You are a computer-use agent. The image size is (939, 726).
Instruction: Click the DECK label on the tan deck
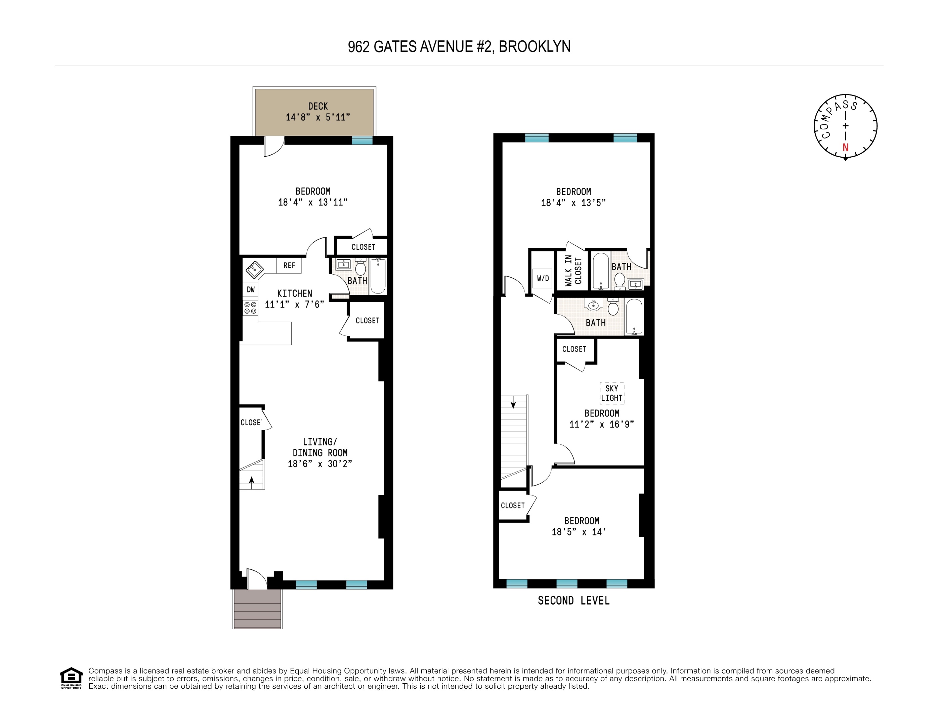(318, 106)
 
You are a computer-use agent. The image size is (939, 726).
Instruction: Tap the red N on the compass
(845, 148)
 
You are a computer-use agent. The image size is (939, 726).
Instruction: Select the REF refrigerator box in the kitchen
(289, 266)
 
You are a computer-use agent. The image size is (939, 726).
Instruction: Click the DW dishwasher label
(251, 290)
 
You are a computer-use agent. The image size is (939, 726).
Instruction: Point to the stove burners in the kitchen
(250, 308)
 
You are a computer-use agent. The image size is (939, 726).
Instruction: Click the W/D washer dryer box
(543, 279)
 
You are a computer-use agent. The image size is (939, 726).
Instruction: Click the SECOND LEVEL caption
(573, 600)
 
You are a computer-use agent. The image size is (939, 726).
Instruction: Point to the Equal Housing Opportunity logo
(71, 678)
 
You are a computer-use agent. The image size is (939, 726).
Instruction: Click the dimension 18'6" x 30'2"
(320, 463)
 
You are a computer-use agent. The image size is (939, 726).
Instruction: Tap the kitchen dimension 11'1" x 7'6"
(295, 305)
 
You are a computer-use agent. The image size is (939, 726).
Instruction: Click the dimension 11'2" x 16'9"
(601, 425)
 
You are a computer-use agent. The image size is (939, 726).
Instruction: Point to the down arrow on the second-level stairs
(513, 404)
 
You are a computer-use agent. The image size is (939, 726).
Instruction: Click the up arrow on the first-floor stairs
(252, 480)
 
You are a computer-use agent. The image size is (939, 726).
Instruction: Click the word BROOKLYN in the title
(535, 46)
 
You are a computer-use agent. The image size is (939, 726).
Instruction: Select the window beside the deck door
(362, 140)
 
